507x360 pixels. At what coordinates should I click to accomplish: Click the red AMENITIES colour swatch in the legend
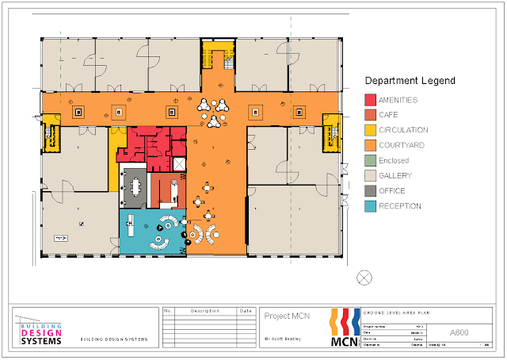point(369,100)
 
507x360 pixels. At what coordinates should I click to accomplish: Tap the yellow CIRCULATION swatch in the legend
point(369,130)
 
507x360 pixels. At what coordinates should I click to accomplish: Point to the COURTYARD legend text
point(403,145)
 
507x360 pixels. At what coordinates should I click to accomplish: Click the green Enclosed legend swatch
point(369,160)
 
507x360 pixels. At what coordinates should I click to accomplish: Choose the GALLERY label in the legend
point(395,175)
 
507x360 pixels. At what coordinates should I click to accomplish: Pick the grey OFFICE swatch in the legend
point(369,191)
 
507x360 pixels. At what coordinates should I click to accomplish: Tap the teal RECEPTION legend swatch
point(369,206)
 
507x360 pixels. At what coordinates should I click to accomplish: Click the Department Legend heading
point(409,81)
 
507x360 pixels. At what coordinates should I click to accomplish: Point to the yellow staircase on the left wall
point(51,132)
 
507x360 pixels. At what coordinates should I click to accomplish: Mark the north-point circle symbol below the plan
point(364,277)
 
